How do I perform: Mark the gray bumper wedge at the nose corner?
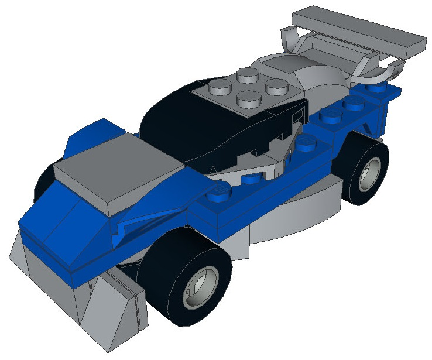[x=35, y=263]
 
